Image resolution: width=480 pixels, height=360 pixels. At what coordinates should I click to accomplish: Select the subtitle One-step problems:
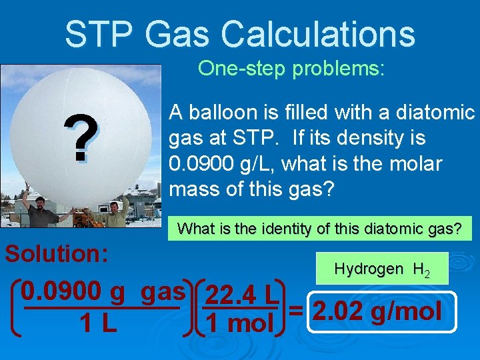pos(291,69)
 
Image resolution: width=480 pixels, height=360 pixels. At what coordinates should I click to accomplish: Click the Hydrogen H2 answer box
pos(382,269)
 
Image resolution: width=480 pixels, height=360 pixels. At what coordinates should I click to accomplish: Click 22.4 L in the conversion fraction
pos(242,293)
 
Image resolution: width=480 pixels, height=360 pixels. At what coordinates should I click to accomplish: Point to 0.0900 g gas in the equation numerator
pos(103,291)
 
